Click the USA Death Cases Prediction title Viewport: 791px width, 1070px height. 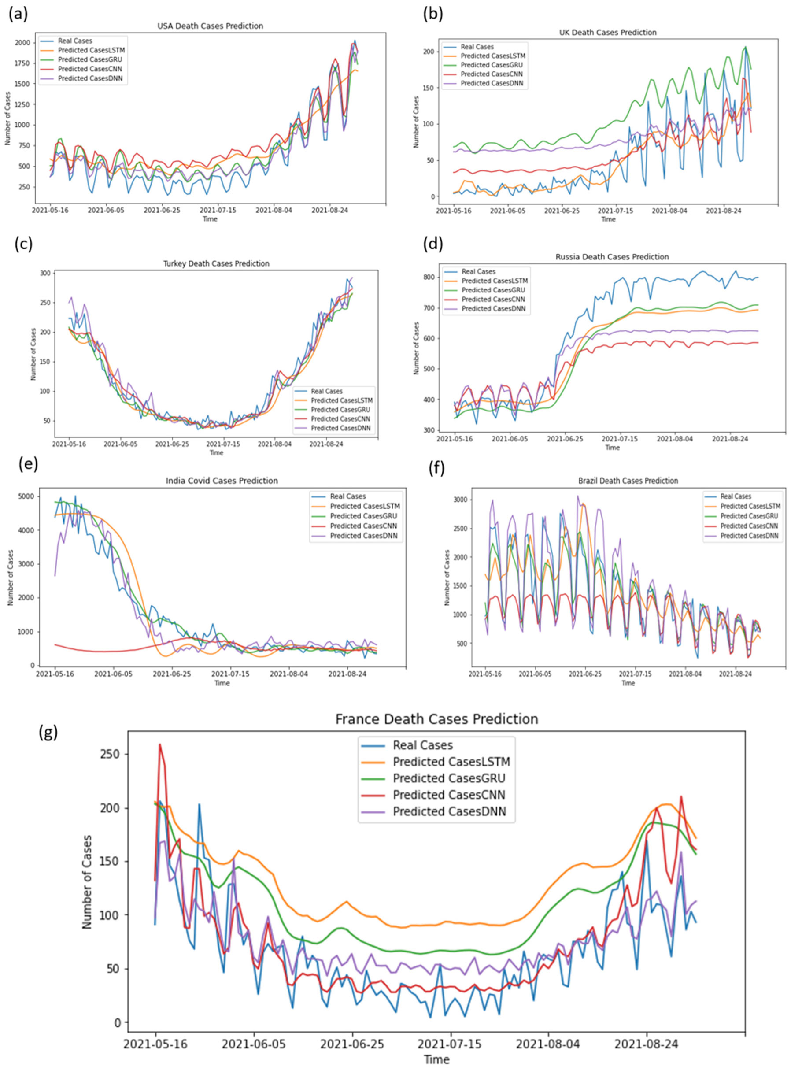pos(210,26)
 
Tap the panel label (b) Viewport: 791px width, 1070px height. pos(433,14)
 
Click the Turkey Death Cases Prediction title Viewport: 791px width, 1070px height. pos(216,263)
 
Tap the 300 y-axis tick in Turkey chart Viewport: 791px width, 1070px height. pos(44,274)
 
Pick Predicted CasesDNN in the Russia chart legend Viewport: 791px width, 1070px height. pos(494,309)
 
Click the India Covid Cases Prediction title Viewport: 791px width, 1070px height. pos(222,481)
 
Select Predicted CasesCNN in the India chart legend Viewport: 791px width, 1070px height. pos(363,526)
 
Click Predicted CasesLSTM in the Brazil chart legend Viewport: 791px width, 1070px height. pos(750,506)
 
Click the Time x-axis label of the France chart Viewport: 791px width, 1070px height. pos(436,1059)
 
